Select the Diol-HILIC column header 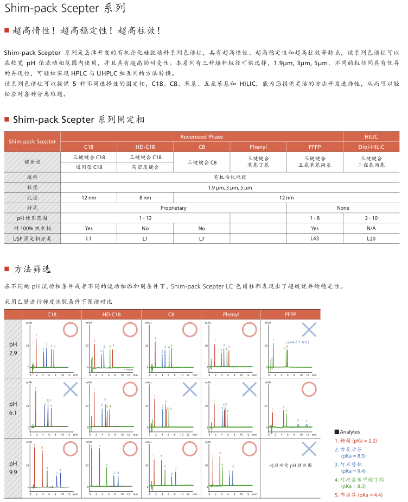coord(371,147)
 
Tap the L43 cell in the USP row coord(315,238)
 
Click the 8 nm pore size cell coord(145,197)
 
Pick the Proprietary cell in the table coord(173,208)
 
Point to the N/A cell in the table coord(371,228)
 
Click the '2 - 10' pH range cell coord(371,218)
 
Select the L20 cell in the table coord(371,238)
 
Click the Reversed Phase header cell coord(201,136)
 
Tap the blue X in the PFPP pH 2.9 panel coord(309,329)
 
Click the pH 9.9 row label coord(14,469)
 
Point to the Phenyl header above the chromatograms coord(231,314)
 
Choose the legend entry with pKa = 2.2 coord(356,441)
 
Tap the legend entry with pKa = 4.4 coord(359,495)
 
